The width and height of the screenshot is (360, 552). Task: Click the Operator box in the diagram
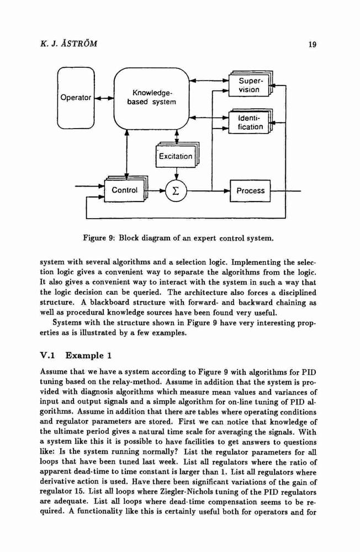click(76, 98)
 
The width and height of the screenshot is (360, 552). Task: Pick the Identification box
click(250, 122)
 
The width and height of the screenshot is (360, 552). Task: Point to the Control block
click(125, 190)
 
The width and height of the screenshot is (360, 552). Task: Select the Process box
click(250, 191)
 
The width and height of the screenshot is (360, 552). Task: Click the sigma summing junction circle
click(176, 191)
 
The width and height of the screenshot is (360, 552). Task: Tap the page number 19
click(313, 44)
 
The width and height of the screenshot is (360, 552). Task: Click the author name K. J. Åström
click(68, 44)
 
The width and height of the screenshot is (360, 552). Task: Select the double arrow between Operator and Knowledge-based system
click(104, 98)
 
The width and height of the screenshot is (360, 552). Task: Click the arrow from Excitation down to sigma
click(176, 174)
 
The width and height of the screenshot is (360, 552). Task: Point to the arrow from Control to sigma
click(157, 191)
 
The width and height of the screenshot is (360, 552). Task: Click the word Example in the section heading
click(84, 355)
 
